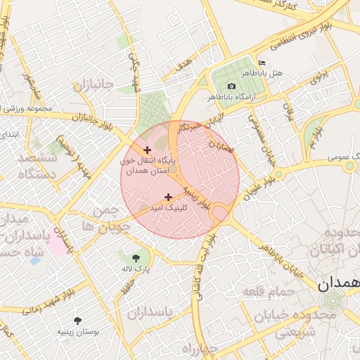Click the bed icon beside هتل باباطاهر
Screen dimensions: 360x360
(x=262, y=63)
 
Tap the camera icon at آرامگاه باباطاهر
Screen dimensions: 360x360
(x=231, y=86)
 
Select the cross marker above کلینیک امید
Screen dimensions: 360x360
(x=168, y=197)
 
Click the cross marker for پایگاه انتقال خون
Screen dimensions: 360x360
(x=147, y=150)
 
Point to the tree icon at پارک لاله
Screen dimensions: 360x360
(x=135, y=257)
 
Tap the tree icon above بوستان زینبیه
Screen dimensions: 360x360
(x=77, y=320)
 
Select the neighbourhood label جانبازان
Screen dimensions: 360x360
(x=92, y=86)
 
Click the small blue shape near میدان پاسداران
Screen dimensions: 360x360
(x=34, y=260)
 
